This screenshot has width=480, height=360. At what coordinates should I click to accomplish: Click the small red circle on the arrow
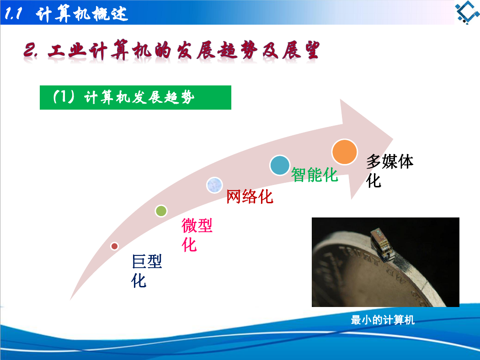114,246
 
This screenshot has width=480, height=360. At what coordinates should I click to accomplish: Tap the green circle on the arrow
161,211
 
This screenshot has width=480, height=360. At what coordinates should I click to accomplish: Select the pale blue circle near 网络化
214,185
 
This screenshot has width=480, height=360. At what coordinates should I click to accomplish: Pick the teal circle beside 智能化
280,165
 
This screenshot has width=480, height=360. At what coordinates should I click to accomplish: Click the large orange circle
344,152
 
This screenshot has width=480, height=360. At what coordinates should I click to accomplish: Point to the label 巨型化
147,271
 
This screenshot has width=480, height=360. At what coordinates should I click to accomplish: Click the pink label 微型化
197,235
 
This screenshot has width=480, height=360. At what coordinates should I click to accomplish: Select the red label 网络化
250,196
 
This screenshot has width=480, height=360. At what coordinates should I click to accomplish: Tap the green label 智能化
315,175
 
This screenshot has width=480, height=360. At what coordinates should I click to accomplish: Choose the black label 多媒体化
389,171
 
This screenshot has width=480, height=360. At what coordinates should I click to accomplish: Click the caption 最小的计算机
383,320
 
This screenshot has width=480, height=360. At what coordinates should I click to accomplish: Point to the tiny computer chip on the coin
381,244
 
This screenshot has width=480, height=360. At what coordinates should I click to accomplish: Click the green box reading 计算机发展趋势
135,98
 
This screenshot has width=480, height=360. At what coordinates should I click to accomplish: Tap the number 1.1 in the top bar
13,13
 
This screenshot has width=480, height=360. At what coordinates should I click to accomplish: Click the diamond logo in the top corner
467,12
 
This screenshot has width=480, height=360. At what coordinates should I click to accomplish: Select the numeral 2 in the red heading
30,50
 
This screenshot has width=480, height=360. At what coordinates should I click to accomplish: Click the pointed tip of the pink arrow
393,138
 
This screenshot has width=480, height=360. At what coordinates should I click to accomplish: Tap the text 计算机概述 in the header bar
82,14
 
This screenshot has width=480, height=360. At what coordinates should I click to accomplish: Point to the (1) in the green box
64,97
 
